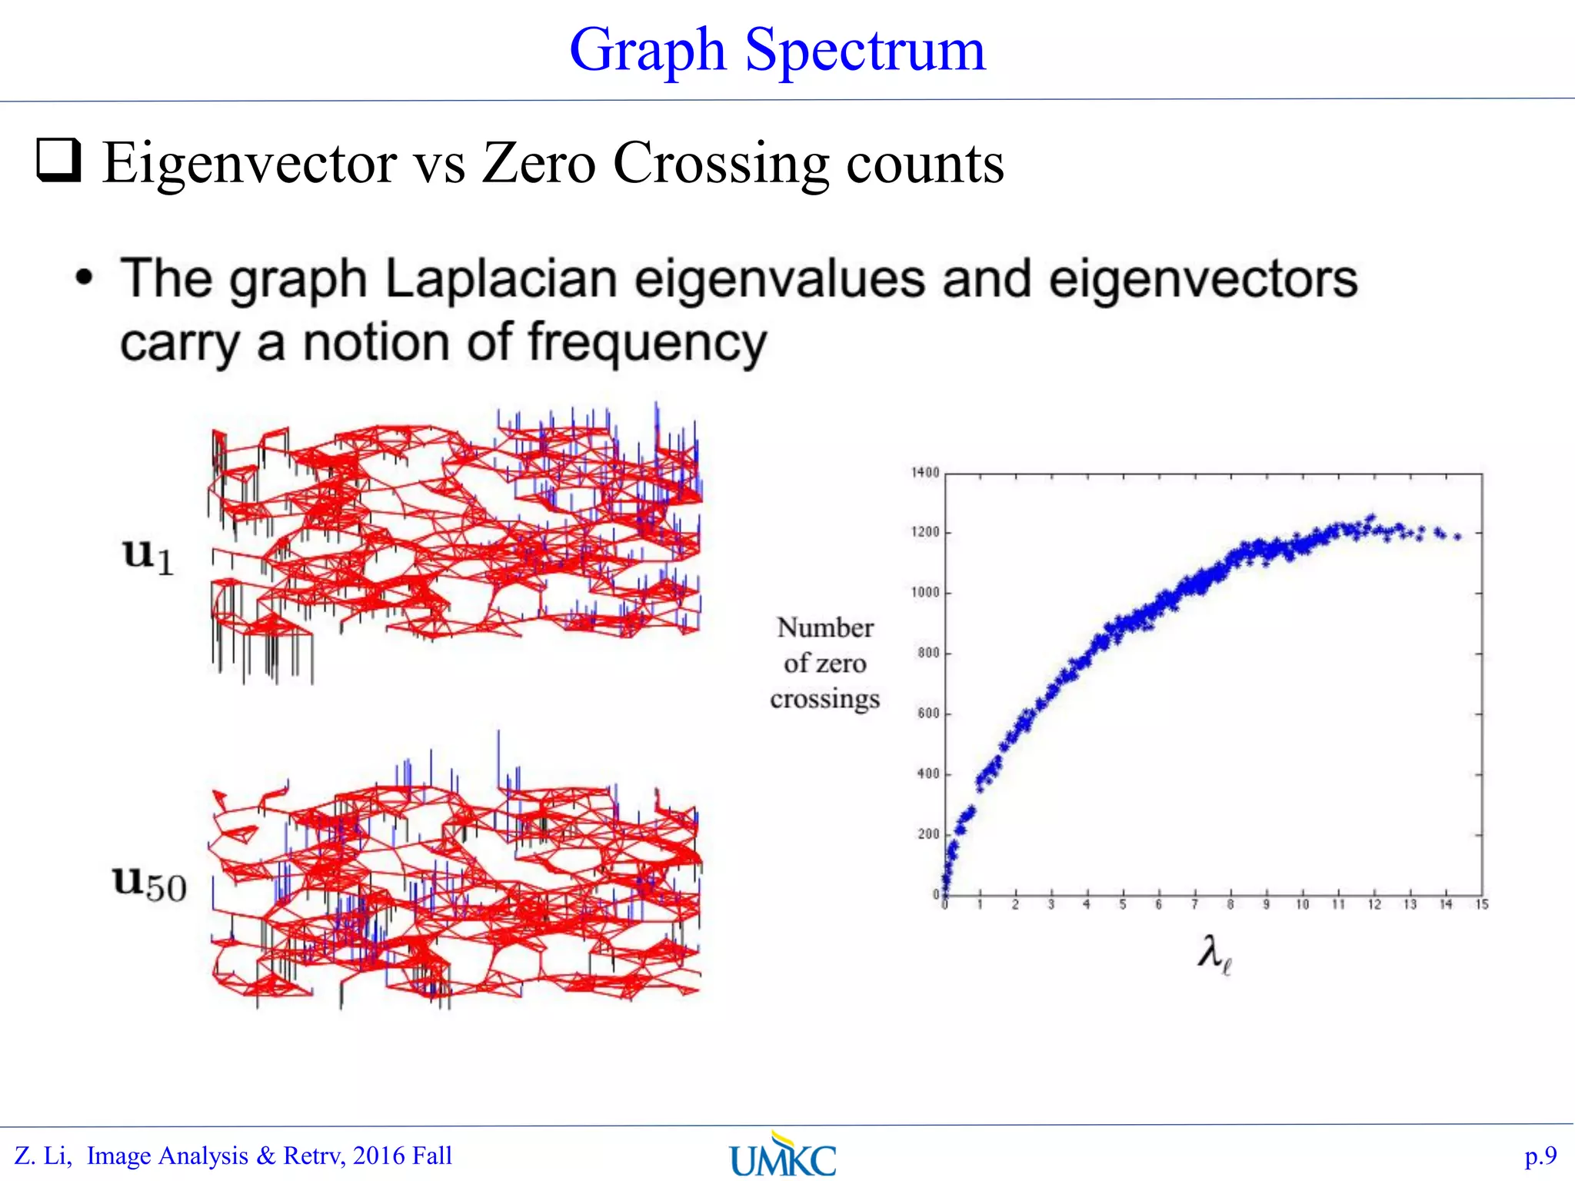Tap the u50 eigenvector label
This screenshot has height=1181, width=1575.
click(x=150, y=883)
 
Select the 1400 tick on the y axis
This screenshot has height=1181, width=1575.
click(x=925, y=473)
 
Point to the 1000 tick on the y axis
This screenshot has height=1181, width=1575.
click(x=925, y=593)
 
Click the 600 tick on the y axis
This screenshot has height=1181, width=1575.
click(x=928, y=714)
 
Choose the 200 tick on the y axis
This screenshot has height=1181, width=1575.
click(x=928, y=834)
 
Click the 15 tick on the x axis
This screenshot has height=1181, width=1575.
click(x=1482, y=905)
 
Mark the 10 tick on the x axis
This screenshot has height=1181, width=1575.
click(x=1302, y=905)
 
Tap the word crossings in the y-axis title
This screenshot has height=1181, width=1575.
click(x=824, y=699)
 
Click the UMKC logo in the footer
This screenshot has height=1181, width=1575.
click(x=783, y=1156)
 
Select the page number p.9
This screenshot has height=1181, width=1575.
click(x=1540, y=1156)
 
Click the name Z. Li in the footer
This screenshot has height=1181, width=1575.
click(x=43, y=1156)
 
